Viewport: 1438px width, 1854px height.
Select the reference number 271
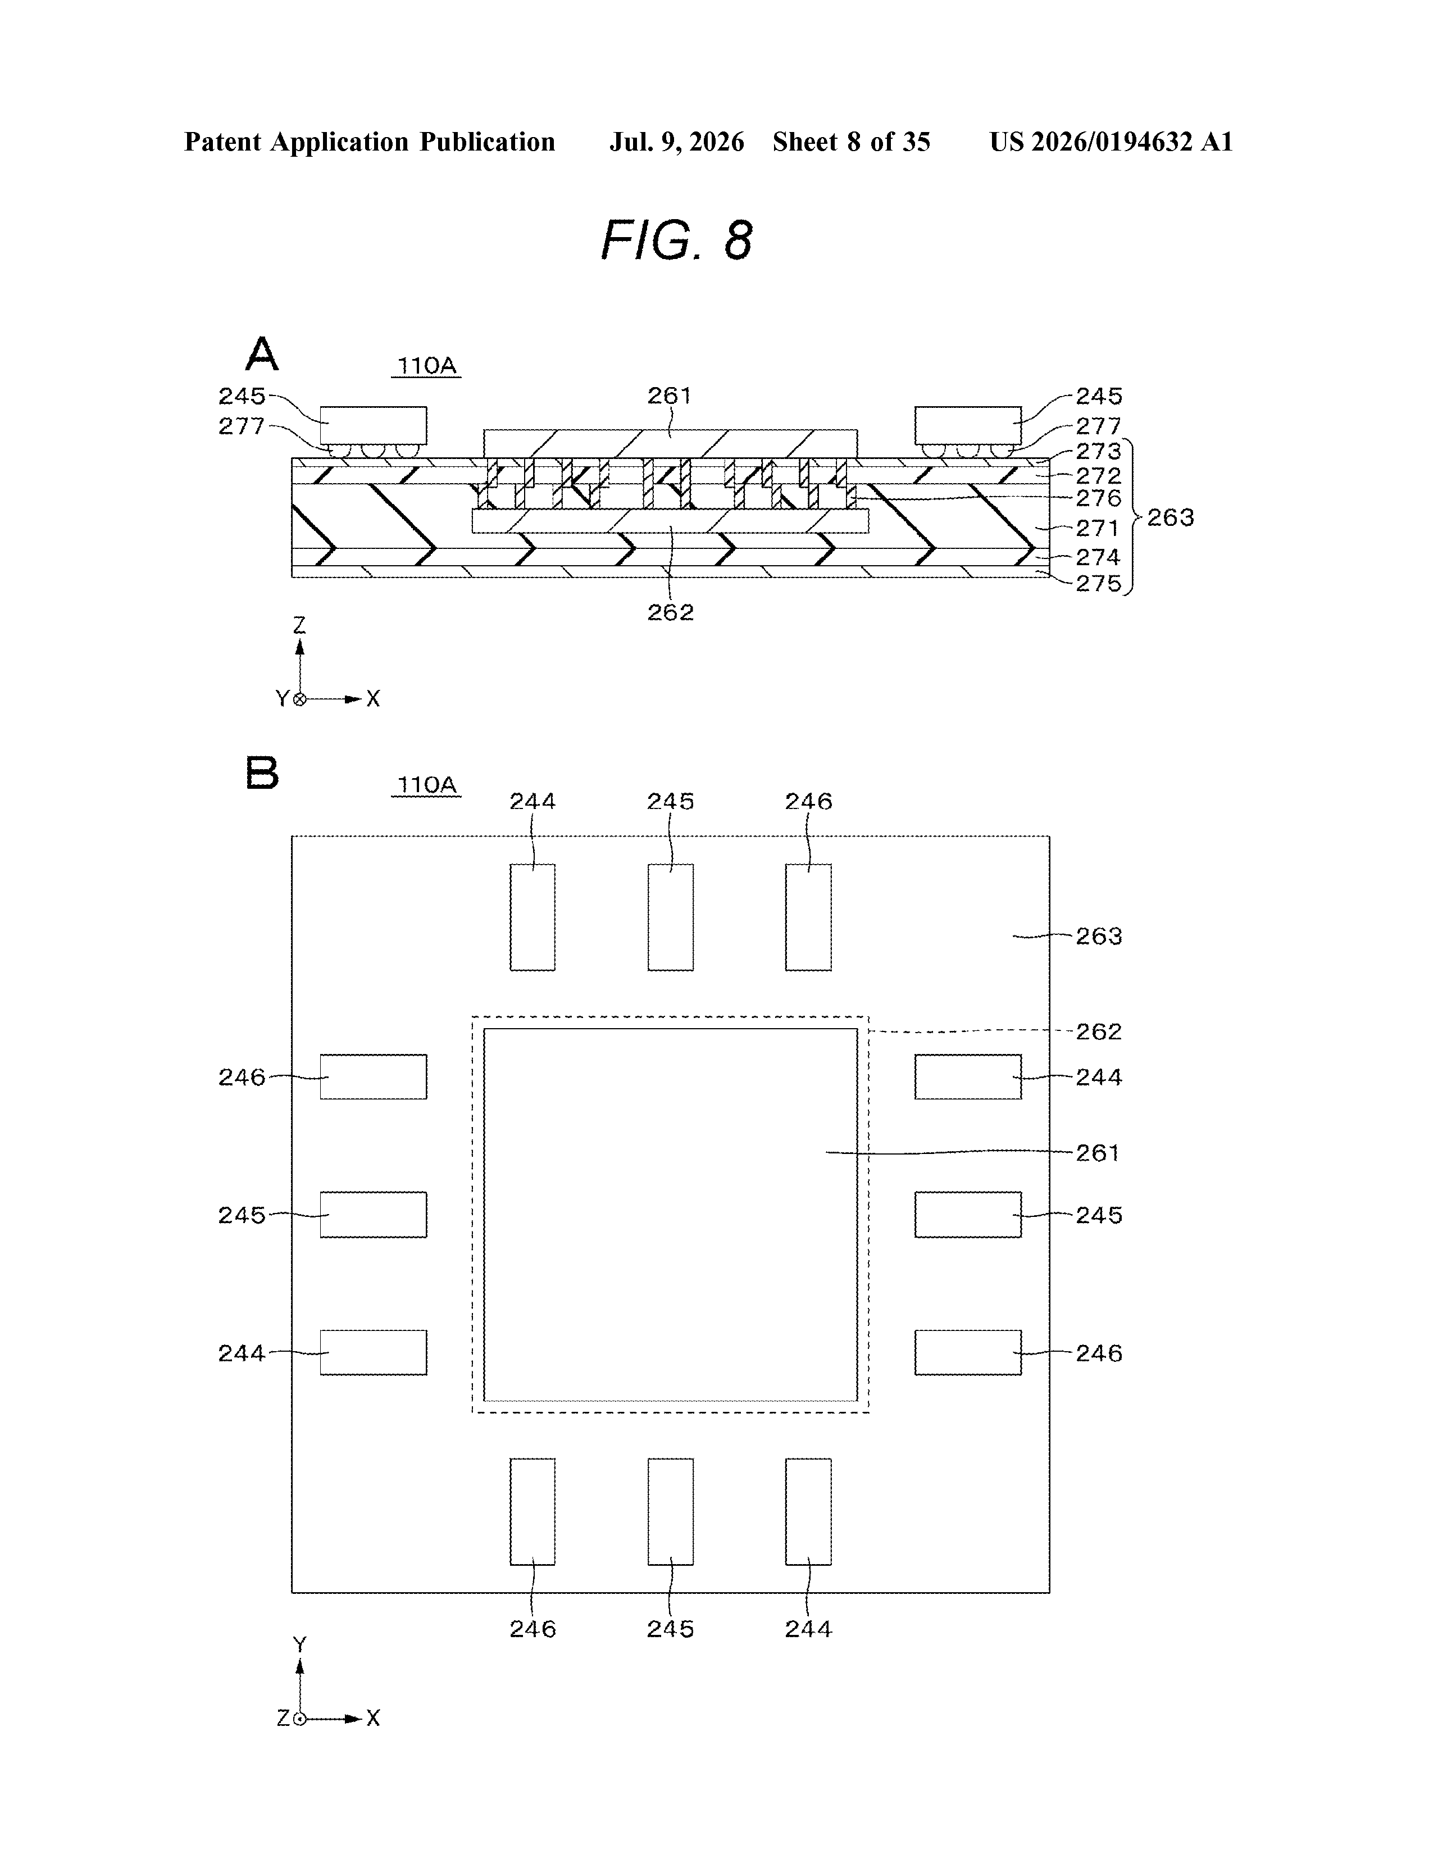[1098, 528]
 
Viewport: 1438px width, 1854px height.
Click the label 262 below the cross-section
[671, 612]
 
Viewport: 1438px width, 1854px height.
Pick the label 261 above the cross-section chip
[670, 396]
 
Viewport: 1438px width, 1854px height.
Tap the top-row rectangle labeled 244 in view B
[533, 917]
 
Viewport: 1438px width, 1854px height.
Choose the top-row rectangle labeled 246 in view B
[808, 917]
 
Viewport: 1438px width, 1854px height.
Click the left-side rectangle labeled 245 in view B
[374, 1215]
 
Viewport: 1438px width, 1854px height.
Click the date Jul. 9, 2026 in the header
[676, 142]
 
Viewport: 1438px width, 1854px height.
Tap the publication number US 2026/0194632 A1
[1111, 142]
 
